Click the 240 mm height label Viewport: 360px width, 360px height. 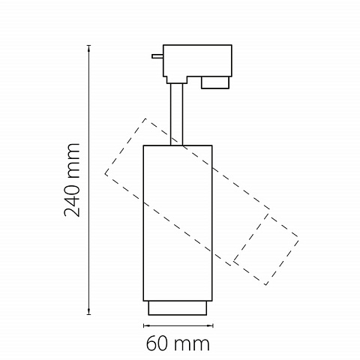point(72,180)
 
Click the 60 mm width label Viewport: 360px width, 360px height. point(178,343)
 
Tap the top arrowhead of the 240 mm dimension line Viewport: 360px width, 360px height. point(88,48)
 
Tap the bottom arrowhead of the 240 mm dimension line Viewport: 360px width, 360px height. point(88,312)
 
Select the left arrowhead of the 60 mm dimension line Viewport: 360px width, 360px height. point(146,325)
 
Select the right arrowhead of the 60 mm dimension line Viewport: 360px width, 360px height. point(210,325)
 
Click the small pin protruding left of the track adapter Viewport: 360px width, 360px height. point(157,56)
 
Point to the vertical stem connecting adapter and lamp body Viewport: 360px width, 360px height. point(177,114)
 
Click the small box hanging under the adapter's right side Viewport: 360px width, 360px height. point(215,82)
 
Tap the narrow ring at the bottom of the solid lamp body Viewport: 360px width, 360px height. point(178,308)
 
